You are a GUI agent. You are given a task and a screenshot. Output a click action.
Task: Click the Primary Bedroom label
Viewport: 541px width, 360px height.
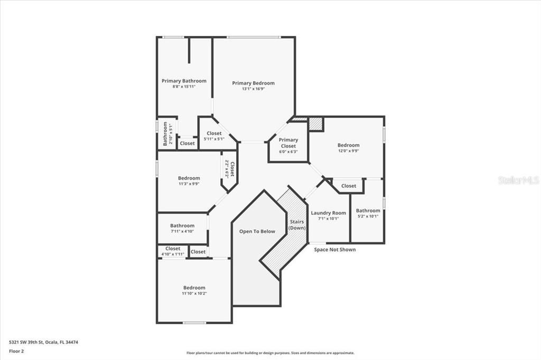pyautogui.click(x=253, y=83)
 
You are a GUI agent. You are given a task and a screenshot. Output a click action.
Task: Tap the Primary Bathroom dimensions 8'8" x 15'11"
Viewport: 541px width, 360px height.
pyautogui.click(x=184, y=87)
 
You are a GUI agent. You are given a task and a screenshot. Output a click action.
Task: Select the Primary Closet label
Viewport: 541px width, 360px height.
pyautogui.click(x=288, y=143)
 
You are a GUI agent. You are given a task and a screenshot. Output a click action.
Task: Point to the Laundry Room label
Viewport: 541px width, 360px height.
pyautogui.click(x=328, y=213)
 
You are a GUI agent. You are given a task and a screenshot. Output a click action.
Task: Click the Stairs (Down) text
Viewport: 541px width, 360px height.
pyautogui.click(x=297, y=225)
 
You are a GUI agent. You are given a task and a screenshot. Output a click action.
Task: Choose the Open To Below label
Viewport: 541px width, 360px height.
pyautogui.click(x=257, y=231)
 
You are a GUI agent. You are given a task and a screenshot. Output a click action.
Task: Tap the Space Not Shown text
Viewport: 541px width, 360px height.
pyautogui.click(x=335, y=250)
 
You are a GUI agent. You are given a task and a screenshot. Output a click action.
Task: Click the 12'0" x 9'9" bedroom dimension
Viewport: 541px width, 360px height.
pyautogui.click(x=348, y=151)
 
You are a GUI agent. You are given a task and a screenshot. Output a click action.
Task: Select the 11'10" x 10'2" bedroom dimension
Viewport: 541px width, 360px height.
pyautogui.click(x=194, y=293)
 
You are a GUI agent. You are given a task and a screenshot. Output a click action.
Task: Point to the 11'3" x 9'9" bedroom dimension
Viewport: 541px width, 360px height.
pyautogui.click(x=189, y=184)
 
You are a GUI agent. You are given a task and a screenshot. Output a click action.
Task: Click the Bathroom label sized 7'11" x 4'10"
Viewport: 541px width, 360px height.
pyautogui.click(x=182, y=225)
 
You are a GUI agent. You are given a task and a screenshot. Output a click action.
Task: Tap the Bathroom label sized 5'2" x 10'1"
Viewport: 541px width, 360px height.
pyautogui.click(x=368, y=210)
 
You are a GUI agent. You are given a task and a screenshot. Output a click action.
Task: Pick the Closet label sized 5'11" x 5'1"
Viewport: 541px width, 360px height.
pyautogui.click(x=214, y=133)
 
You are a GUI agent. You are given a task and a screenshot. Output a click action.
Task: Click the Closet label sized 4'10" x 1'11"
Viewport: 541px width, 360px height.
pyautogui.click(x=173, y=248)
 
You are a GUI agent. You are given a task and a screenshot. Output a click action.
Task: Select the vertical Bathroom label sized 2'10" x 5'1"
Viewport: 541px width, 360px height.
pyautogui.click(x=165, y=134)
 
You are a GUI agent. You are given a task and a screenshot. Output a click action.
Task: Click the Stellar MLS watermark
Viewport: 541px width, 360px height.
pyautogui.click(x=518, y=180)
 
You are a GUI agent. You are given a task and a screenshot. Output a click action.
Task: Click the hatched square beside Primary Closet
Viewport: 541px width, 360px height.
pyautogui.click(x=315, y=124)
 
